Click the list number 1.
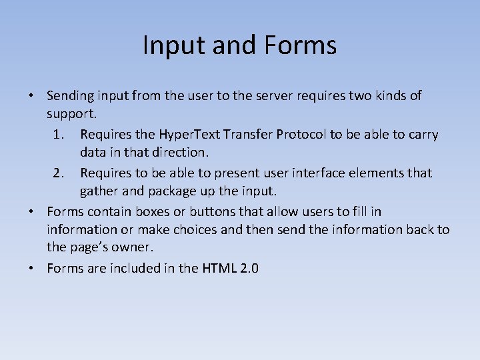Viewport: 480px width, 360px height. pos(58,135)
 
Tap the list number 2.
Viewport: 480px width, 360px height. pos(58,173)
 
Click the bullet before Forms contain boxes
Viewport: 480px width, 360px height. pos(31,211)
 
